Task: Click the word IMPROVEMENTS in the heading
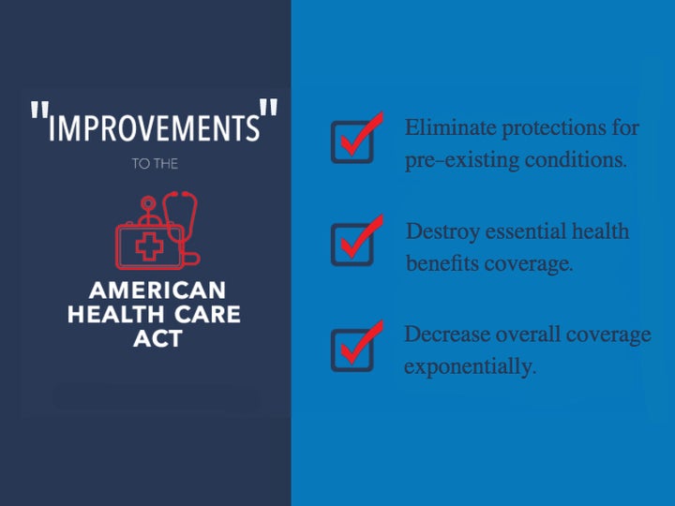click(154, 127)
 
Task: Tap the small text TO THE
click(155, 164)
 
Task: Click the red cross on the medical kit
click(149, 246)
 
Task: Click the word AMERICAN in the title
click(157, 290)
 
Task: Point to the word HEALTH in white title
click(116, 314)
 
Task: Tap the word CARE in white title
click(207, 314)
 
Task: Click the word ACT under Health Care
click(158, 338)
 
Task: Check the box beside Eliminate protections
click(352, 142)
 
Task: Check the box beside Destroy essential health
click(352, 245)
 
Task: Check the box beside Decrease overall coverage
click(352, 350)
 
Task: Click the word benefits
click(442, 263)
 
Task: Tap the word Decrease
click(447, 335)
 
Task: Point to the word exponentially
click(470, 367)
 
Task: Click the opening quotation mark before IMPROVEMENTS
click(39, 110)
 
